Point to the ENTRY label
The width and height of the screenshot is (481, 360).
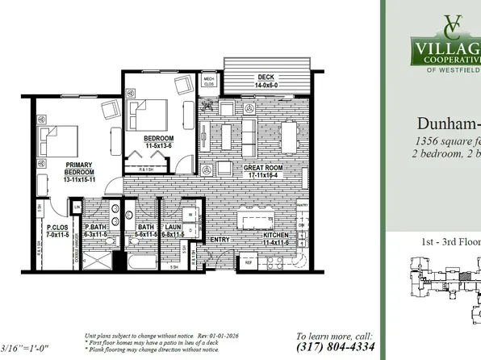220,239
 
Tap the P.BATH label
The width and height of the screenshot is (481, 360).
98,228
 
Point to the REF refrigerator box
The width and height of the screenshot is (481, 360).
249,262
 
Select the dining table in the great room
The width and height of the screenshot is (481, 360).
287,130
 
